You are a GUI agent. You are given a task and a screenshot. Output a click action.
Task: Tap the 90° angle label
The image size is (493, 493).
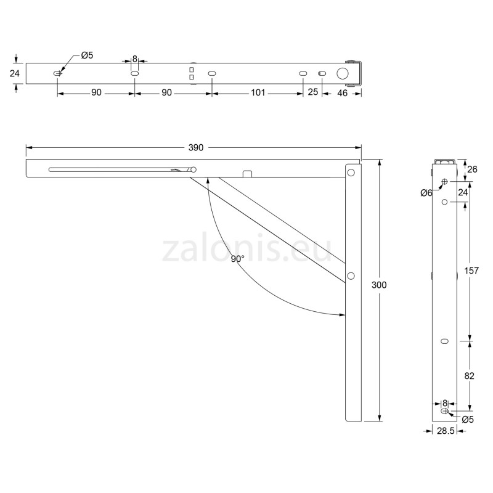tap(238, 259)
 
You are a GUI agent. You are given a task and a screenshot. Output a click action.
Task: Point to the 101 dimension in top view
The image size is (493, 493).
tap(258, 93)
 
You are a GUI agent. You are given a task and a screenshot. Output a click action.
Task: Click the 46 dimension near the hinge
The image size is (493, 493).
tap(341, 93)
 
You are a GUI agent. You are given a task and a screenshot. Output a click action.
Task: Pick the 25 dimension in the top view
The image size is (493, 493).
tap(312, 93)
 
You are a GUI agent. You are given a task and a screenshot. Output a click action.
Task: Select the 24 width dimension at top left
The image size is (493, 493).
tap(15, 73)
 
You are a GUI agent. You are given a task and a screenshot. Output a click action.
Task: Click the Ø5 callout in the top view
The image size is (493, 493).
tap(87, 56)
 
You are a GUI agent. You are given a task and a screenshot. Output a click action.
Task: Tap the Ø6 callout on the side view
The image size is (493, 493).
tap(426, 193)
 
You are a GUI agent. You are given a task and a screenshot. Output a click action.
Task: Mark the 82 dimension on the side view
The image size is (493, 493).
tap(470, 375)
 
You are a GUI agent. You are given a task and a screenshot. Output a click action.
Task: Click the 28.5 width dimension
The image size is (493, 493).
tap(445, 433)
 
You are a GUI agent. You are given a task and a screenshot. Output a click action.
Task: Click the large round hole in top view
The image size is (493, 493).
tap(342, 73)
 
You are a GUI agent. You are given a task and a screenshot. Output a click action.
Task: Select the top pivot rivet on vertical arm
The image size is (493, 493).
tap(351, 173)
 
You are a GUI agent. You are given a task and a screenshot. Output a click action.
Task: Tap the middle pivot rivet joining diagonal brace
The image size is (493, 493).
tap(351, 275)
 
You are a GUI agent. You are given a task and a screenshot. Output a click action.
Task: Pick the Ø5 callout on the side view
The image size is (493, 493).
tap(467, 420)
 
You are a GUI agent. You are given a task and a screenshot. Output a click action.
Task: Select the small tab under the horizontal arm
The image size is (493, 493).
tap(247, 174)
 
